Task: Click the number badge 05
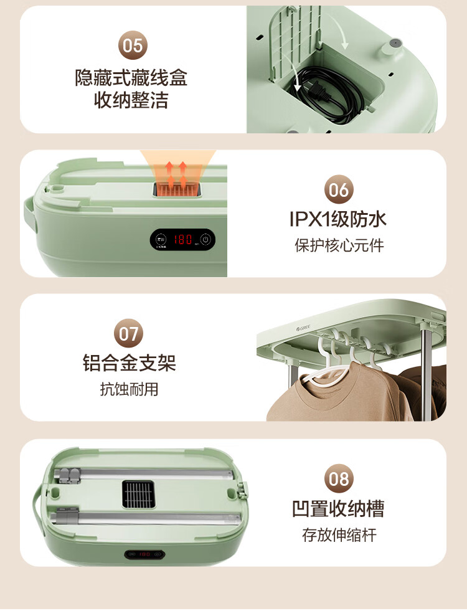pyautogui.click(x=133, y=45)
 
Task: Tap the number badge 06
pyautogui.click(x=339, y=189)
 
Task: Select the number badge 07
pyautogui.click(x=128, y=334)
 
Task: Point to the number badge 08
pyautogui.click(x=339, y=478)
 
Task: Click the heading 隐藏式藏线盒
pyautogui.click(x=131, y=78)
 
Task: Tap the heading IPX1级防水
pyautogui.click(x=338, y=219)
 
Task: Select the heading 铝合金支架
pyautogui.click(x=130, y=363)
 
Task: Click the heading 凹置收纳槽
pyautogui.click(x=338, y=508)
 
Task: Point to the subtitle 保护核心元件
pyautogui.click(x=339, y=245)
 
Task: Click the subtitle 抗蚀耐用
pyautogui.click(x=130, y=389)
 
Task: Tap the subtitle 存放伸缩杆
pyautogui.click(x=339, y=535)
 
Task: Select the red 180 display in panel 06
pyautogui.click(x=182, y=239)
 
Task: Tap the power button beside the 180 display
pyautogui.click(x=206, y=239)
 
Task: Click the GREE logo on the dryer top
pyautogui.click(x=303, y=328)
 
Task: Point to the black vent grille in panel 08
pyautogui.click(x=138, y=495)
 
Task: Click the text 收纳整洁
pyautogui.click(x=131, y=100)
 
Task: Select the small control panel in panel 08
pyautogui.click(x=145, y=554)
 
